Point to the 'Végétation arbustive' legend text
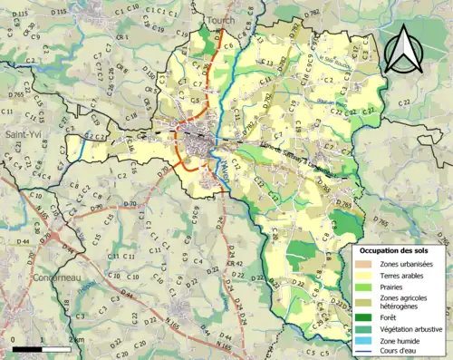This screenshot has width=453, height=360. click(x=407, y=328)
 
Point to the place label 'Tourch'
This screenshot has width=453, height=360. click(x=219, y=18)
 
